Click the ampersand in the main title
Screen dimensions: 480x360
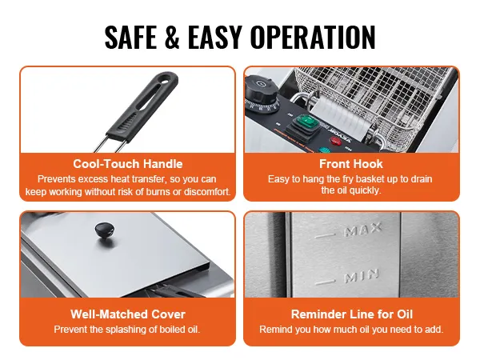coord(172,38)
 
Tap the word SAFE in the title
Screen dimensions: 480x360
coord(130,38)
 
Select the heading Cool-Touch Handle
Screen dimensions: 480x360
coord(128,164)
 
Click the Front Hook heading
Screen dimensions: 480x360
coord(351,164)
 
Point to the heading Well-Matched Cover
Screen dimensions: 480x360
coord(128,314)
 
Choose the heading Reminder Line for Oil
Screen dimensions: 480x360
coord(352,314)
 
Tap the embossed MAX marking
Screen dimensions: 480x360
coord(362,230)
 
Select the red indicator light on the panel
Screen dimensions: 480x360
coord(335,142)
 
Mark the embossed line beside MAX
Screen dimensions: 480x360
coord(325,236)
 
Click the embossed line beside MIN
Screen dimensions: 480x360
coord(325,282)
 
